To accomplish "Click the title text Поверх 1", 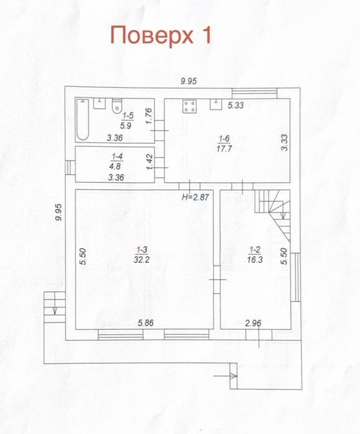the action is click(161, 35).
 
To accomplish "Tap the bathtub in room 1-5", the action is click(83, 120).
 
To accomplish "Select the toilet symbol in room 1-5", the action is click(117, 106).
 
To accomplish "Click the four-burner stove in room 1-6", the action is click(189, 106).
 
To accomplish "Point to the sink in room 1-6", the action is click(216, 104).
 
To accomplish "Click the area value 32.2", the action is click(142, 260).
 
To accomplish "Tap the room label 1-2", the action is click(254, 250).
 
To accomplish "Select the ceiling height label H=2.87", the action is click(196, 197).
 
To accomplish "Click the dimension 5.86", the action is click(145, 323).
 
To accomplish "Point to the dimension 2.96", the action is click(253, 323).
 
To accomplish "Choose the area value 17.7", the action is click(224, 149).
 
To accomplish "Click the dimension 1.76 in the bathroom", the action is click(149, 116).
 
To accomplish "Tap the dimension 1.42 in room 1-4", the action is click(150, 162).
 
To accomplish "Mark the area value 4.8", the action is click(115, 167).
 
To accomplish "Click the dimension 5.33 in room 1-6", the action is click(236, 105).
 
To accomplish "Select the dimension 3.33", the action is click(284, 142).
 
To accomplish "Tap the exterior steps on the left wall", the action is click(55, 307).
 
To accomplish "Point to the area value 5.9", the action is click(125, 126).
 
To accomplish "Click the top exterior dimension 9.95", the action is click(189, 81).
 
